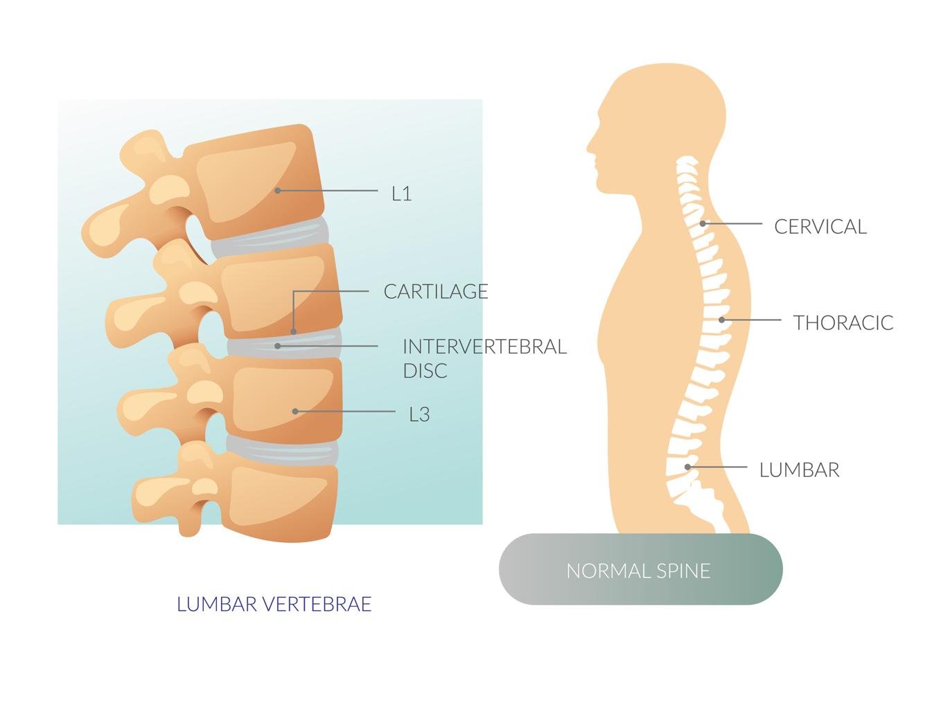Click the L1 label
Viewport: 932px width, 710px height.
tap(401, 193)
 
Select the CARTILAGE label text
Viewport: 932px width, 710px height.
tap(436, 291)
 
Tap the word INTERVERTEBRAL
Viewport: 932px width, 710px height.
tap(484, 347)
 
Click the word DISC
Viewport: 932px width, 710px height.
tap(425, 370)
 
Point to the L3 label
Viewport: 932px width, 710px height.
tap(419, 414)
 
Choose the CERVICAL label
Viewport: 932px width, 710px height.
tap(820, 227)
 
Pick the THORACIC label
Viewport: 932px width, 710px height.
tap(843, 323)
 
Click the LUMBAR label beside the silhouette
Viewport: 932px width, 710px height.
tap(800, 470)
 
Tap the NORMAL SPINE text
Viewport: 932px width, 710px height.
tap(638, 571)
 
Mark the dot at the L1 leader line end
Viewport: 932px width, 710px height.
tap(278, 191)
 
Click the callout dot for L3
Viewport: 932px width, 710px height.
tap(295, 411)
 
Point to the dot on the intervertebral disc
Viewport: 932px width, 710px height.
tap(278, 346)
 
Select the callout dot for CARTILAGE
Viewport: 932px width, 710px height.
tap(293, 331)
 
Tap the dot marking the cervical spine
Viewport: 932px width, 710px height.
tap(703, 223)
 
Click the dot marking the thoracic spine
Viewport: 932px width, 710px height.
tap(722, 320)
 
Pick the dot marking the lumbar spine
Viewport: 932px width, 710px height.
tap(687, 467)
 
